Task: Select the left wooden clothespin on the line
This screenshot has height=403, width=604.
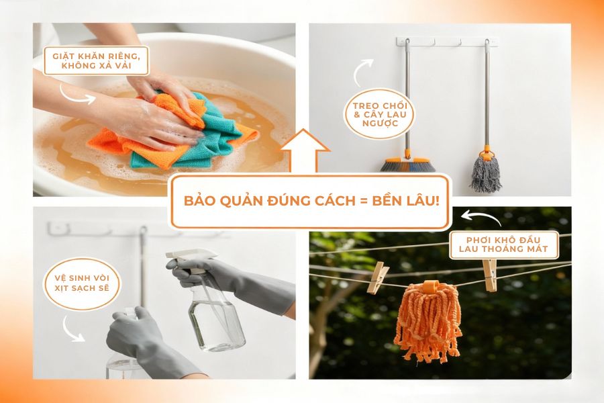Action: tap(377, 277)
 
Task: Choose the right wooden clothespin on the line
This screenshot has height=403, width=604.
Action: tap(489, 275)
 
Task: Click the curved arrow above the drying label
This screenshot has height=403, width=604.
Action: tap(478, 217)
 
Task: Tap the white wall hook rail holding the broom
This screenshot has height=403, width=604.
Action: tap(446, 42)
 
